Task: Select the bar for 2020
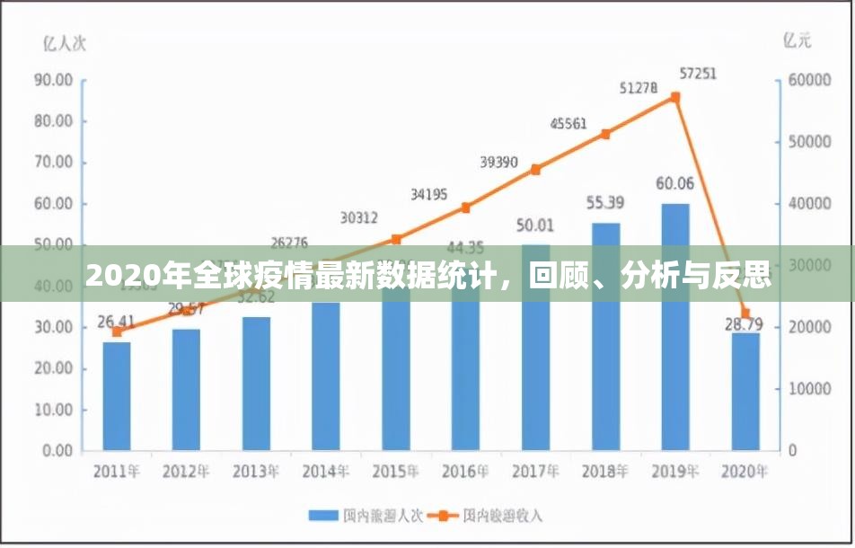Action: [745, 391]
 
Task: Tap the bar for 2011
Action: [117, 395]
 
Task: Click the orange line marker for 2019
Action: [675, 97]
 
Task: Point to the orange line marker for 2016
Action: [466, 208]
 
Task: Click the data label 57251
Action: [698, 75]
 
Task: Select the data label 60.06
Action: [675, 184]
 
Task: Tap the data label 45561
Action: [569, 124]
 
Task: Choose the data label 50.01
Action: [535, 225]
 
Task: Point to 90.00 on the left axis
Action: [53, 80]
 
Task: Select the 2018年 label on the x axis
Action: [604, 471]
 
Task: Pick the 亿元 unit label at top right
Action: [797, 40]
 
